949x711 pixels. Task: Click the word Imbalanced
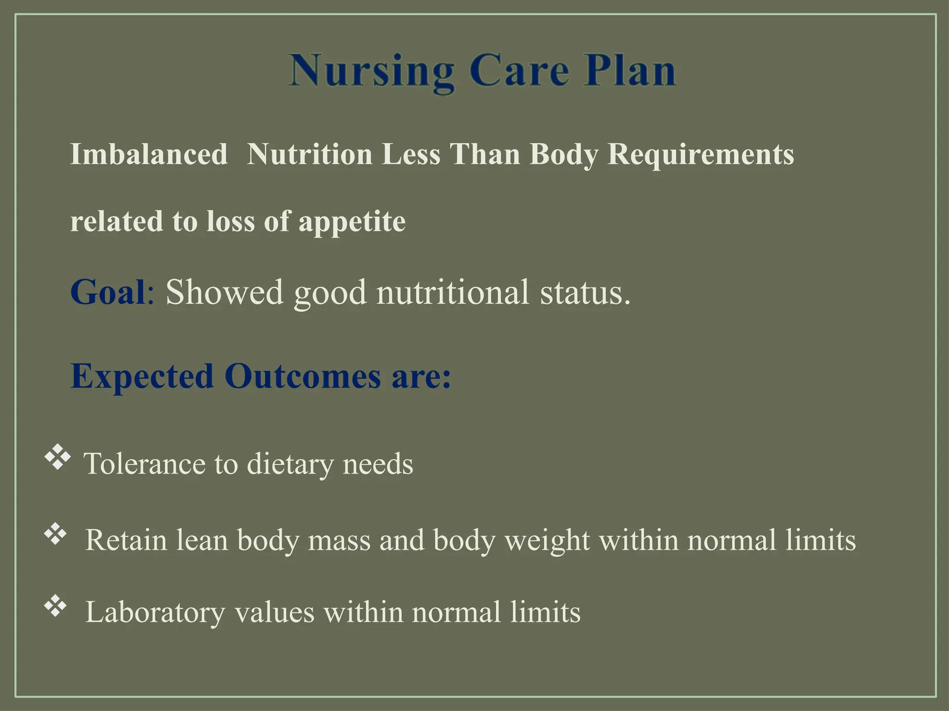[148, 154]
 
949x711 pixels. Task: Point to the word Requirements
[700, 154]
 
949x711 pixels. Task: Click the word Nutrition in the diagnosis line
[309, 154]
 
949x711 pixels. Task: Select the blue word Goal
[108, 292]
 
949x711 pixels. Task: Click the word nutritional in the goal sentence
[452, 292]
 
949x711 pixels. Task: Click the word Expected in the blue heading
[142, 376]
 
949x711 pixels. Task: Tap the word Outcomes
[303, 376]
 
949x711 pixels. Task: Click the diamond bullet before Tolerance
[57, 458]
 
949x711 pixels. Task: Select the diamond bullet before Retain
[56, 534]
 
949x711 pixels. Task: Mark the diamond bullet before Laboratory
[56, 606]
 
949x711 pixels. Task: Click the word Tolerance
[144, 463]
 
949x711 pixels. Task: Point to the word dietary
[290, 463]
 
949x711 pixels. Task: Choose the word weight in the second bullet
[547, 540]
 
